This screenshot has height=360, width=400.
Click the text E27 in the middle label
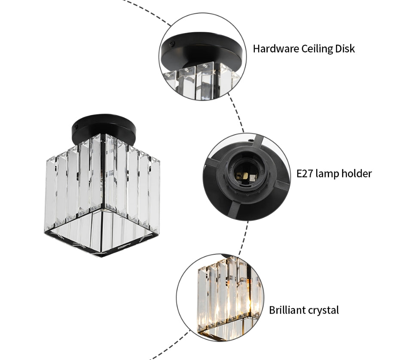(x=305, y=174)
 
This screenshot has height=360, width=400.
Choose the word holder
(x=358, y=174)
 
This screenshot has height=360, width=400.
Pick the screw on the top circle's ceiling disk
(x=173, y=43)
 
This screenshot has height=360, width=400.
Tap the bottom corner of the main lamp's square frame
(x=101, y=256)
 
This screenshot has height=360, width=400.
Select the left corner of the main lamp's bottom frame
(x=45, y=232)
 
